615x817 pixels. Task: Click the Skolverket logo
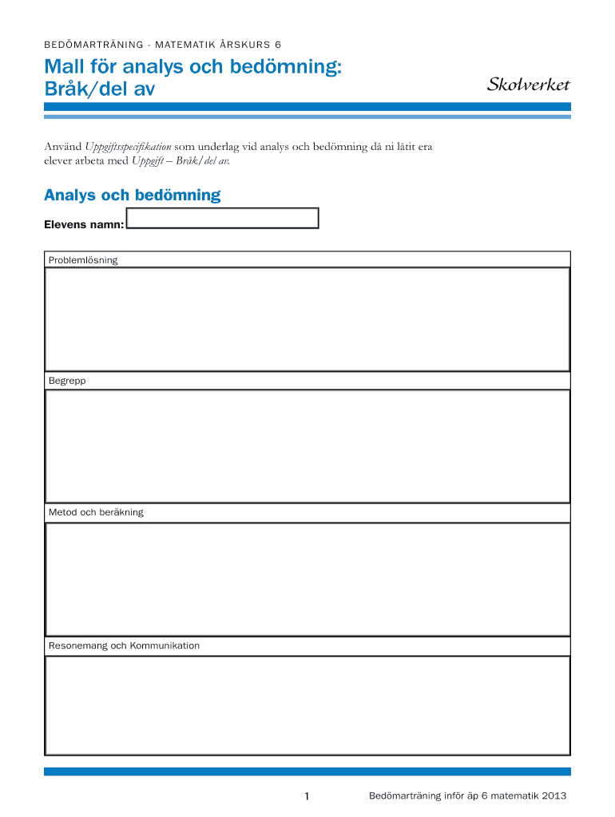528,85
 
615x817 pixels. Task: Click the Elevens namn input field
223,218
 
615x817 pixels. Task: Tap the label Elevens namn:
83,225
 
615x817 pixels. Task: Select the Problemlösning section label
83,260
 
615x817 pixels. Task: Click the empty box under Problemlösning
307,319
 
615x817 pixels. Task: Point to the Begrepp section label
67,381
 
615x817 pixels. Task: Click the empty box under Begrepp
307,446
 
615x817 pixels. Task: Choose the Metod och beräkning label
96,512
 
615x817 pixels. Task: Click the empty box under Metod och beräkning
307,578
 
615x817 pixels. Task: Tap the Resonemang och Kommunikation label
124,645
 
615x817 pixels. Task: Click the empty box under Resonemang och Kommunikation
307,705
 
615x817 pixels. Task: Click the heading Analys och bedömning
132,195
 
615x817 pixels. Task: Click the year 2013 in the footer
553,796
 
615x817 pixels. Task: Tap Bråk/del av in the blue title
99,89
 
